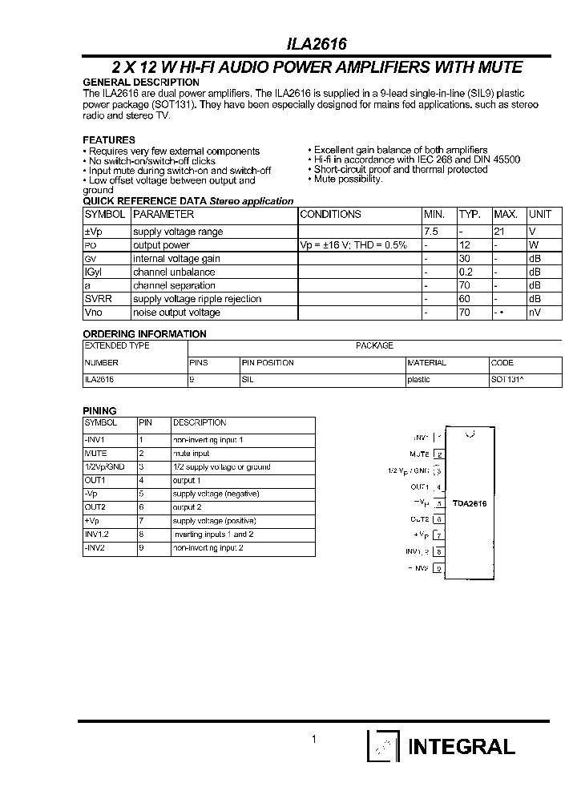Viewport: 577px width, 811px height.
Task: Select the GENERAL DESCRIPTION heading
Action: [141, 83]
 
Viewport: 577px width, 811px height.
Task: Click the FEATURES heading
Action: [109, 139]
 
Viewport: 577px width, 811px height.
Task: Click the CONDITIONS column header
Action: [330, 215]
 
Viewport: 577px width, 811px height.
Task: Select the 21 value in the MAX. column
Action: [499, 232]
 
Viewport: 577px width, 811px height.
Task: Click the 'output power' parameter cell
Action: [162, 245]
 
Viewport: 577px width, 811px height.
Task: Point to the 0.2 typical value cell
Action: [466, 272]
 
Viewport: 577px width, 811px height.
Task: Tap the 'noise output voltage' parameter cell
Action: [176, 313]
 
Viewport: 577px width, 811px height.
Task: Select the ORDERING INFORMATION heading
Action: [145, 334]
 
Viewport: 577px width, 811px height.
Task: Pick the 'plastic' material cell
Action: [419, 380]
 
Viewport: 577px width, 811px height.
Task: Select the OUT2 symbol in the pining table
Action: [95, 507]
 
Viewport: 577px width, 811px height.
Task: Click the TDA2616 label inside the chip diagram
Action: [470, 504]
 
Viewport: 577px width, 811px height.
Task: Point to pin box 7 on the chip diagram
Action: [439, 535]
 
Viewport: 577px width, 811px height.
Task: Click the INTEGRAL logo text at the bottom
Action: [461, 747]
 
